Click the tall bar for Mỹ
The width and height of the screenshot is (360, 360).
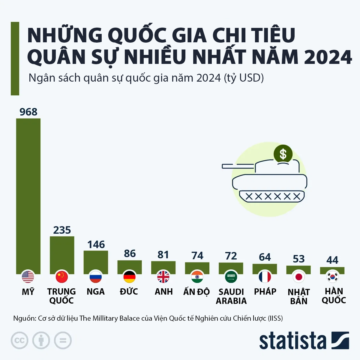click(28, 195)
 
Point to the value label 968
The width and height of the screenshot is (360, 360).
click(28, 112)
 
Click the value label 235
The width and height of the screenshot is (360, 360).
click(62, 230)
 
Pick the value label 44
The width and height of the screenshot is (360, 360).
click(332, 260)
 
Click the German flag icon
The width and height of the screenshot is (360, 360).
click(130, 277)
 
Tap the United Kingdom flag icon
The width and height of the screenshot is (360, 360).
click(163, 277)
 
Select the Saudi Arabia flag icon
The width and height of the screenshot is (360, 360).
click(231, 277)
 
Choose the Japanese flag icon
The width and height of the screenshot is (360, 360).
click(298, 277)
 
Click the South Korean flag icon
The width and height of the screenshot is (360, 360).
click(332, 277)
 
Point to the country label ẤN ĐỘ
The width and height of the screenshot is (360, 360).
click(196, 292)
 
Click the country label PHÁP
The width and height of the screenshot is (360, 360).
click(265, 292)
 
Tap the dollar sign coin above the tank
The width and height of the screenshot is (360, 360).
click(283, 154)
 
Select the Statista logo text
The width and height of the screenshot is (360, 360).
click(292, 341)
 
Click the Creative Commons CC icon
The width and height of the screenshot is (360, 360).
click(19, 340)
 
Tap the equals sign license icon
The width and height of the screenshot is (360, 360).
click(63, 340)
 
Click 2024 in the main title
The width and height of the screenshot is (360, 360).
click(328, 57)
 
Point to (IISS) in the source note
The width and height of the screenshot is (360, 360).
click(275, 318)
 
